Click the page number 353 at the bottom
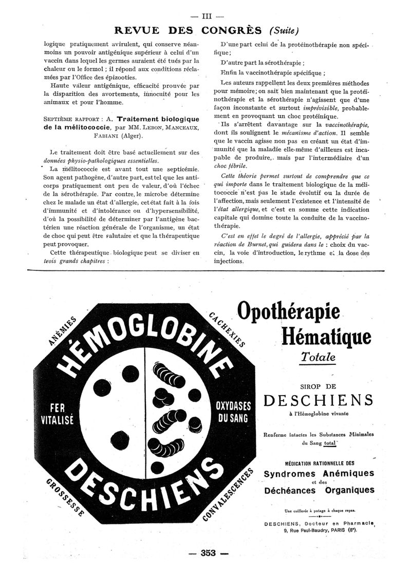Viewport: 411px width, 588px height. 208,553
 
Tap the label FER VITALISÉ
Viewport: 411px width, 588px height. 57,413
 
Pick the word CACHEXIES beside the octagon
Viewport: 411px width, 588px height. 227,328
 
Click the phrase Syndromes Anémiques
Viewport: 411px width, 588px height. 319,473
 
